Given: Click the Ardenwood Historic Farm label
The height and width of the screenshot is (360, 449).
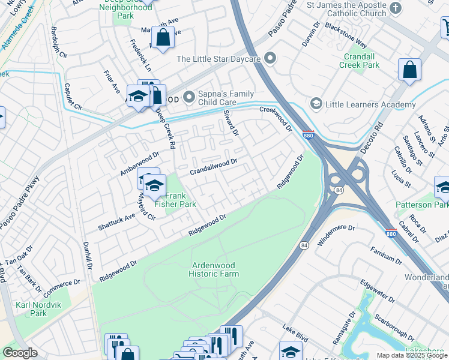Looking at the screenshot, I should click(x=214, y=269).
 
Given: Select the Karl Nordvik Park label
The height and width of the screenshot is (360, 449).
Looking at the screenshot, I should click(x=31, y=309).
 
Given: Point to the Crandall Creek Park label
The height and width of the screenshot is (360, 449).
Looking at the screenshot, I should click(x=359, y=60).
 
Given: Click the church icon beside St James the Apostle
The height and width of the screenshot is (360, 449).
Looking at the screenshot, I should click(x=395, y=8).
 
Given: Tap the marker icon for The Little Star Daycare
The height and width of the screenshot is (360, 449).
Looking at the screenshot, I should click(x=271, y=59).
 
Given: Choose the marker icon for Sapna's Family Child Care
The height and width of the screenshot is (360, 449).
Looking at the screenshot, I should click(x=190, y=96).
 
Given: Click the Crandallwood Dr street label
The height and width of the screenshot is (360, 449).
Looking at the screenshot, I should click(x=214, y=166).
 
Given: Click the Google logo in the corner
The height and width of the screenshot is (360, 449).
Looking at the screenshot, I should click(x=20, y=352).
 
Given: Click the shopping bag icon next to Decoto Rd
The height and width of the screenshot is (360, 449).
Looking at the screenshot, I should click(x=409, y=70).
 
